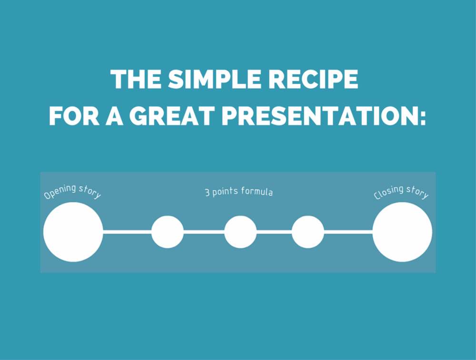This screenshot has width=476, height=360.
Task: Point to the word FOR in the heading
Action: tap(74, 116)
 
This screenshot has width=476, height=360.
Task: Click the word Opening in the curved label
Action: tap(60, 191)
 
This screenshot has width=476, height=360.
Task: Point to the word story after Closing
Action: tap(418, 193)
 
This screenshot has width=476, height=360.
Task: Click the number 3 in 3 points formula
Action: tap(207, 193)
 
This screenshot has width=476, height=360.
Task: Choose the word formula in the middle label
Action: tap(257, 193)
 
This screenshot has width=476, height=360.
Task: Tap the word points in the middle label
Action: tap(226, 193)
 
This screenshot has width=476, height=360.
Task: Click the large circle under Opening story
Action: tap(73, 232)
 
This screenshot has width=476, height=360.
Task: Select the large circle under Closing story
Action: tap(402, 232)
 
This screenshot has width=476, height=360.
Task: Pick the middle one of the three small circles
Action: tap(240, 232)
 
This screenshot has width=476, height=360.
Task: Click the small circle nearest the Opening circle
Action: tap(168, 232)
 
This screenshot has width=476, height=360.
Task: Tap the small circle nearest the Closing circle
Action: tap(308, 232)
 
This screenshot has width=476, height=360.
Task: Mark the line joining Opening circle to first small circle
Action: tap(127, 232)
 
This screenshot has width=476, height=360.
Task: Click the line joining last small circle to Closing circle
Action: tap(348, 232)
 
